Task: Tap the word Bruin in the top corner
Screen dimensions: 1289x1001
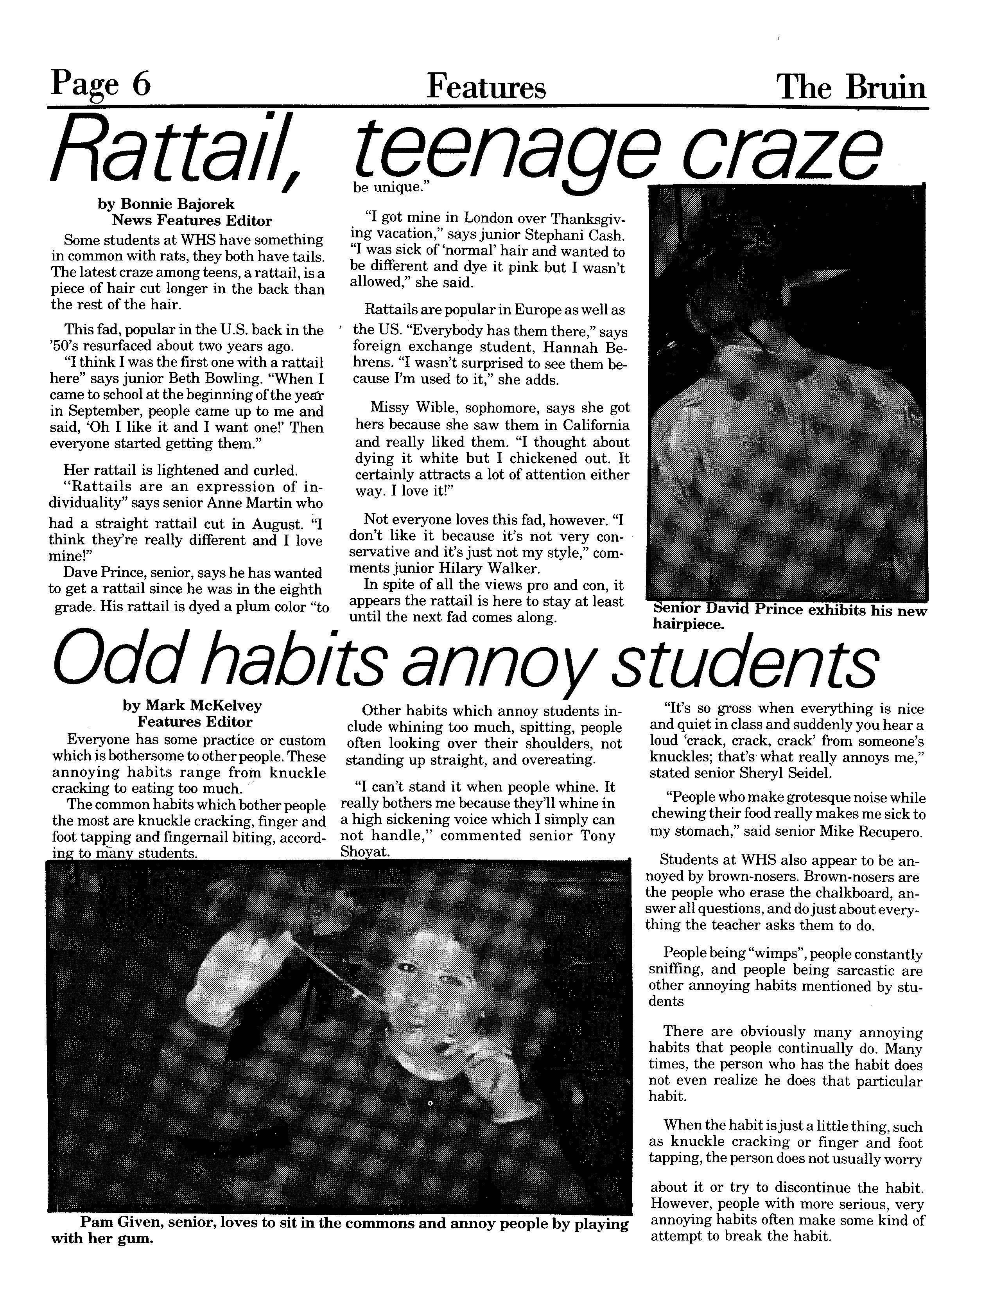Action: click(x=885, y=88)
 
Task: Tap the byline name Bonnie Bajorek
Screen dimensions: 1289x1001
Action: click(x=178, y=204)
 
